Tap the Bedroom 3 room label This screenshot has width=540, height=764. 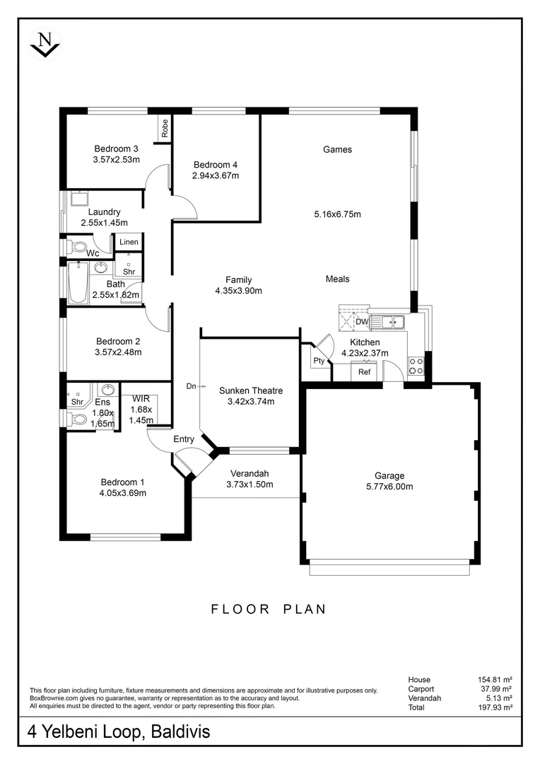[x=116, y=149]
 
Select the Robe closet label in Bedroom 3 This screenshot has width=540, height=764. [x=165, y=128]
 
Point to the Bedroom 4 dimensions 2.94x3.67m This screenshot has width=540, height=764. [x=216, y=175]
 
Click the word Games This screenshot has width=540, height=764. [x=337, y=149]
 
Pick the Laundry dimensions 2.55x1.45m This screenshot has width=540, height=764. [x=104, y=223]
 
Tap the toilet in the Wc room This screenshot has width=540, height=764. [x=76, y=247]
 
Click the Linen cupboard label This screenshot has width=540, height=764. [x=129, y=242]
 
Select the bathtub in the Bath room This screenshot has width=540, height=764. [x=76, y=284]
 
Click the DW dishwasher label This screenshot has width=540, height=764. [x=361, y=323]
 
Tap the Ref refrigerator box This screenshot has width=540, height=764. [x=365, y=372]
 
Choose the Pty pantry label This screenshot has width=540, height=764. [x=319, y=361]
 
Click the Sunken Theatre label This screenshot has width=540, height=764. [x=250, y=390]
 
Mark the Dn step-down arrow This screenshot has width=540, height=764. [x=195, y=386]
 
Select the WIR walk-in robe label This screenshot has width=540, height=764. [x=140, y=398]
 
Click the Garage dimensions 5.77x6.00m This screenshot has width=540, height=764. [x=389, y=487]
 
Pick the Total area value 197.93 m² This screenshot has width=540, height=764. [x=495, y=707]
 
